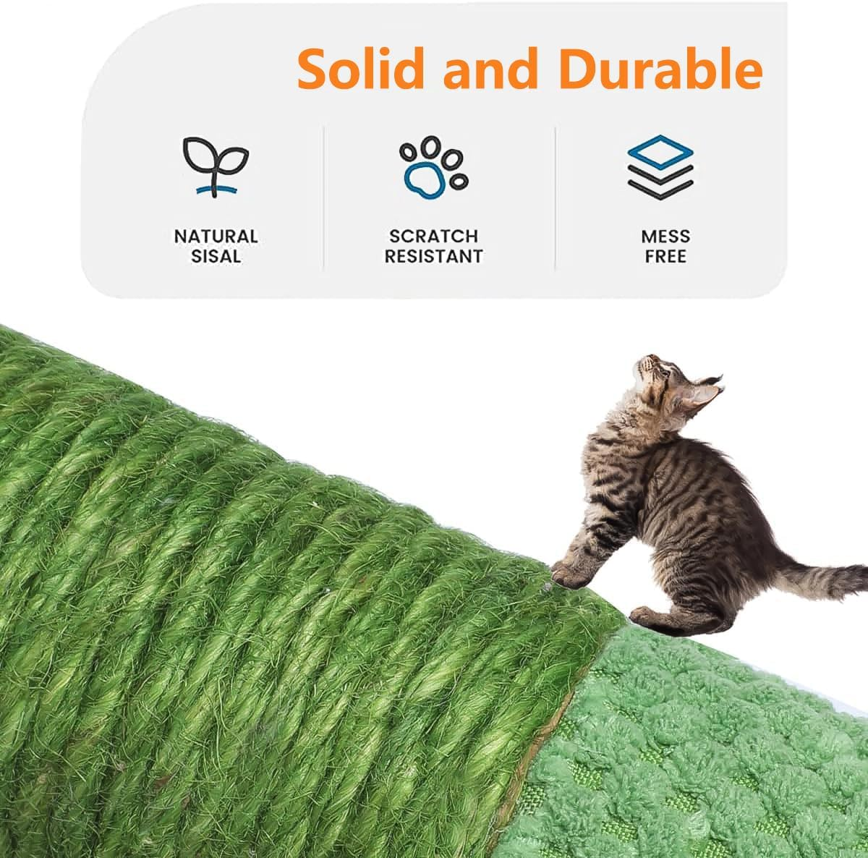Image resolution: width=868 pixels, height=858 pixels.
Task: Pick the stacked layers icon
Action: (x=660, y=166)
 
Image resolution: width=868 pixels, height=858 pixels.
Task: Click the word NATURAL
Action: (x=216, y=236)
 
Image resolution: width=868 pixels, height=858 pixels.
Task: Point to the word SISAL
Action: (x=216, y=256)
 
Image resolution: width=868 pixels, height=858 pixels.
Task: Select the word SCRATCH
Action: (x=433, y=236)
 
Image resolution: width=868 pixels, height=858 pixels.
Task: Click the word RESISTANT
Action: (x=433, y=256)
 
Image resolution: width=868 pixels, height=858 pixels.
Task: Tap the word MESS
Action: (x=665, y=236)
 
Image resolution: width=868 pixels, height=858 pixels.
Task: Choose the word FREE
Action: (x=665, y=256)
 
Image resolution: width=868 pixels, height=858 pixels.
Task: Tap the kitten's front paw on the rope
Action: (x=568, y=575)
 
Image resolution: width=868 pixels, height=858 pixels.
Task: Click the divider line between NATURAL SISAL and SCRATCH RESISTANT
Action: (x=323, y=198)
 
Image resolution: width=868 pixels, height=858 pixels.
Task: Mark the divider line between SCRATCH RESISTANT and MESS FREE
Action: (x=555, y=198)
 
